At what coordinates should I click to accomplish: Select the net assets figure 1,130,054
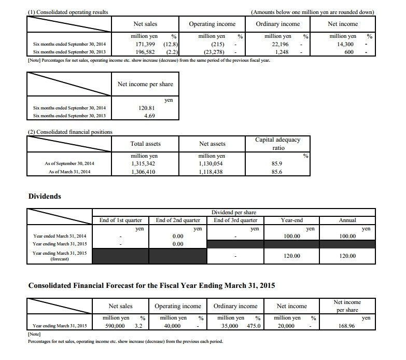point(212,163)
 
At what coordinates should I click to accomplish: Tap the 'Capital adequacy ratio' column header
point(278,143)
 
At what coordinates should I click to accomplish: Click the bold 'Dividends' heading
point(45,197)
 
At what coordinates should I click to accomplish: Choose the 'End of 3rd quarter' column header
point(236,220)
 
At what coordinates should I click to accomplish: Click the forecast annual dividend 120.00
point(347,256)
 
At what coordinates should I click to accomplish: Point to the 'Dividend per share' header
point(234,213)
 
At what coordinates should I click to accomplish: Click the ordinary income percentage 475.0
point(254,326)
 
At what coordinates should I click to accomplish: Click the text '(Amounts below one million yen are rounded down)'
point(313,12)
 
